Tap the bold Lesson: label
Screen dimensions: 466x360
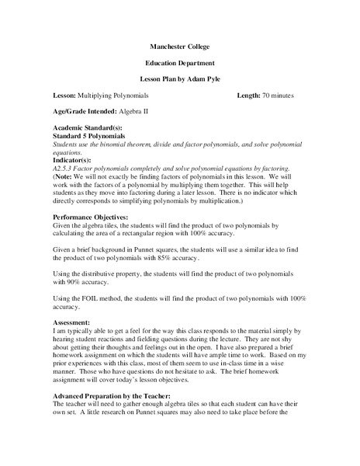click(x=64, y=95)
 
